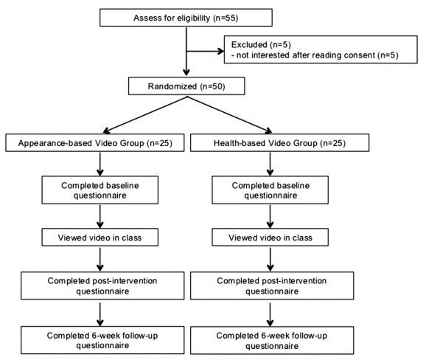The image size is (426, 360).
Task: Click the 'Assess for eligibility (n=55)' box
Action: click(x=186, y=18)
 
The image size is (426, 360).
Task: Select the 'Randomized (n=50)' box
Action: click(x=186, y=86)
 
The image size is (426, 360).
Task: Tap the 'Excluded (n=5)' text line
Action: click(x=261, y=44)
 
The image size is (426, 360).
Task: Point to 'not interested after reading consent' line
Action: click(x=315, y=55)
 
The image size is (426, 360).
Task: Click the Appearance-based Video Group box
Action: click(x=95, y=143)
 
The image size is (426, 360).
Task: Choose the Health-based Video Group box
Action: click(x=279, y=143)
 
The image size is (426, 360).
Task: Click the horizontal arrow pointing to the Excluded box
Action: click(x=205, y=51)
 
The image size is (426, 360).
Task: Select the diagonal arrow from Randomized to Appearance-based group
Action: click(x=145, y=115)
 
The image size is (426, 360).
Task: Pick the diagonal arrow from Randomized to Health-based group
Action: click(x=229, y=115)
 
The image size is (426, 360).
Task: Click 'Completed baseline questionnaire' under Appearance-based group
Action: click(x=100, y=190)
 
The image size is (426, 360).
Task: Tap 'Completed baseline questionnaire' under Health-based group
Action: click(x=270, y=190)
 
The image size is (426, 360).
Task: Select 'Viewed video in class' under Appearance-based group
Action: click(x=100, y=238)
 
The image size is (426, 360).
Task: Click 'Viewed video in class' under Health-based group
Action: click(x=270, y=238)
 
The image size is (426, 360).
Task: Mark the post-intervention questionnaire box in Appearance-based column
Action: click(x=102, y=285)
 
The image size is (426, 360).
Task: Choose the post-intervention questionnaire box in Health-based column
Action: click(x=272, y=285)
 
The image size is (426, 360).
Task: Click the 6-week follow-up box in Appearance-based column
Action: click(x=102, y=340)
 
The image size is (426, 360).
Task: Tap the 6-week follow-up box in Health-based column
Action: click(x=272, y=340)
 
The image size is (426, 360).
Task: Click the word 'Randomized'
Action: click(x=172, y=86)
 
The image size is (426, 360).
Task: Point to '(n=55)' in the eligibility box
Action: click(x=226, y=18)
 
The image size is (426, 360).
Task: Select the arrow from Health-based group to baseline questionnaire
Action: click(x=270, y=164)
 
